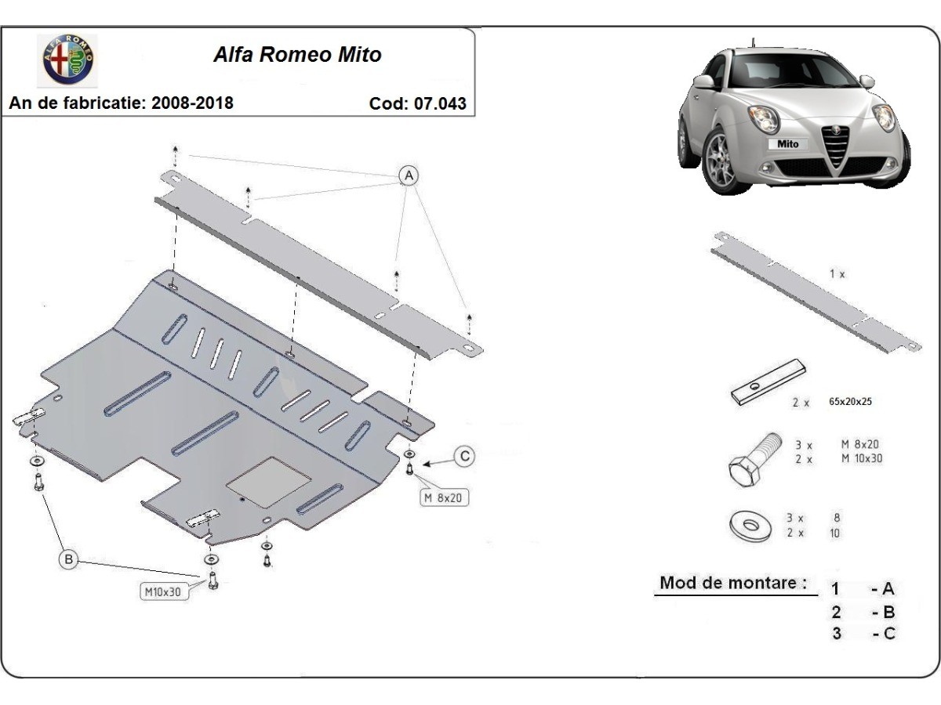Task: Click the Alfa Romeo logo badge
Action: point(68,60)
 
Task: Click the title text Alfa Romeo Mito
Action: point(297,55)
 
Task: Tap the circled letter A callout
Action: point(409,175)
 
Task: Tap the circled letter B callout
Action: point(69,559)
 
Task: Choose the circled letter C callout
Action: point(465,456)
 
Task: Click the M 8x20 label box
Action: point(444,497)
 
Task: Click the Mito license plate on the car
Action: point(787,143)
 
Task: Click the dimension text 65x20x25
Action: point(850,401)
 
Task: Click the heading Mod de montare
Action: point(732,583)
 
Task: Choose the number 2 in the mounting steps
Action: point(837,612)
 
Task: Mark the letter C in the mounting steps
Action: point(888,634)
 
